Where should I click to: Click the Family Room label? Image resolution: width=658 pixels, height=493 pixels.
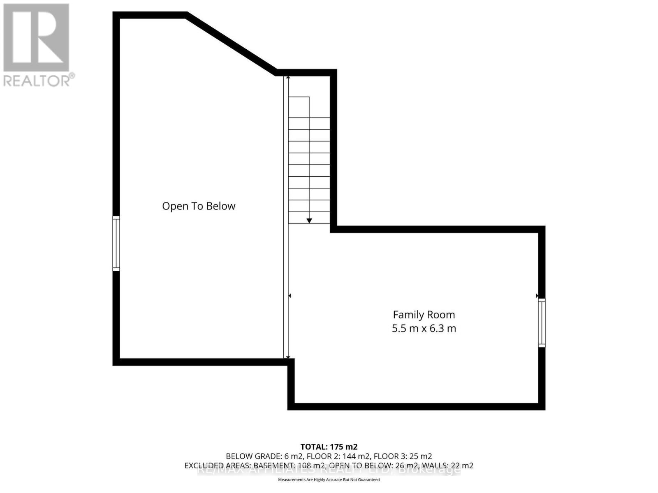pos(424,315)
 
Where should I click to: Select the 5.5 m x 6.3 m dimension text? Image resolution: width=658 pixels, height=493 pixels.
pos(424,328)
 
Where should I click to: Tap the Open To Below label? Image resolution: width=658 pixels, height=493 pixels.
pos(199,206)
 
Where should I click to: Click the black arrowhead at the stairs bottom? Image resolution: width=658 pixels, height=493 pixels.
pos(309,221)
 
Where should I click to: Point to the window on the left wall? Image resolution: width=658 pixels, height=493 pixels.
pos(116,243)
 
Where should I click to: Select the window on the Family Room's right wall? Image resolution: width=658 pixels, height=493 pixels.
pos(542,323)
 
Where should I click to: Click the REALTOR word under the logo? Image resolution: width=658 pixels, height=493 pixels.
pos(37,80)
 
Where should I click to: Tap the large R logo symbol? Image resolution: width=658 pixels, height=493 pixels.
pos(36,38)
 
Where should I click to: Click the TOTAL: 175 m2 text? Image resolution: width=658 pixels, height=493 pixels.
pos(329,447)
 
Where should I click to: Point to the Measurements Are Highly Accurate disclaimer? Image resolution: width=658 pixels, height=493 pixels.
pos(329,479)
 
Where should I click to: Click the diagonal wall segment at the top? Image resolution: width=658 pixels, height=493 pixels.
pos(232,43)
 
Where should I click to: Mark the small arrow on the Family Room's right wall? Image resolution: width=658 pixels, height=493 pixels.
pos(537,296)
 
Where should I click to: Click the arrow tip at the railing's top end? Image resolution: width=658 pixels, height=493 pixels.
pos(288,78)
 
